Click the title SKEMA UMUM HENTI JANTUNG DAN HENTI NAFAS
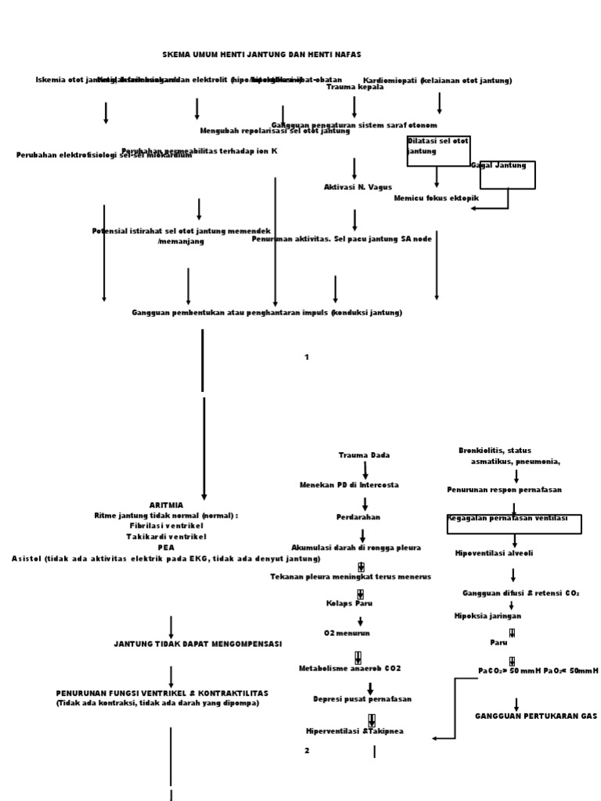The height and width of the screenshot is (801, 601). pos(261,55)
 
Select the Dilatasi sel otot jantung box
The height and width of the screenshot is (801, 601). pos(438,150)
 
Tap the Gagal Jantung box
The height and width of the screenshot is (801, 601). pos(507,175)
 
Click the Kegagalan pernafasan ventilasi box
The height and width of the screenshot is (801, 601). pos(514,524)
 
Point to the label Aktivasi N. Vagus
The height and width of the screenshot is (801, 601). pos(358,187)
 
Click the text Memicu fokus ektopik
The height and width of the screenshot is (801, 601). pos(436,199)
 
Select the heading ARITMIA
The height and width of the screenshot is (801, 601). pos(166,505)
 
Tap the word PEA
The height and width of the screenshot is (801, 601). pos(166,548)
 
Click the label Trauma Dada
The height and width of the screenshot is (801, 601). pos(364,454)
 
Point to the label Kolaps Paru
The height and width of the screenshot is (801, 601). pos(349,603)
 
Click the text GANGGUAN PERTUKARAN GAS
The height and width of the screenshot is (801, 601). pos(536,716)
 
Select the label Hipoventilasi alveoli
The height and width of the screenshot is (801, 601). pos(494,553)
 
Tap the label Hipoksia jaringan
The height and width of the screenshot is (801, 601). pos(488,616)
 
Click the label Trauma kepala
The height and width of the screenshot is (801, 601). pos(354,87)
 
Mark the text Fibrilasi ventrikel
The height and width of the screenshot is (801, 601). pos(166,526)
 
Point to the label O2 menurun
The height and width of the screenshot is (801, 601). pos(347,633)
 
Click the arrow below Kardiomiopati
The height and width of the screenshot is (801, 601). pos(439,102)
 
